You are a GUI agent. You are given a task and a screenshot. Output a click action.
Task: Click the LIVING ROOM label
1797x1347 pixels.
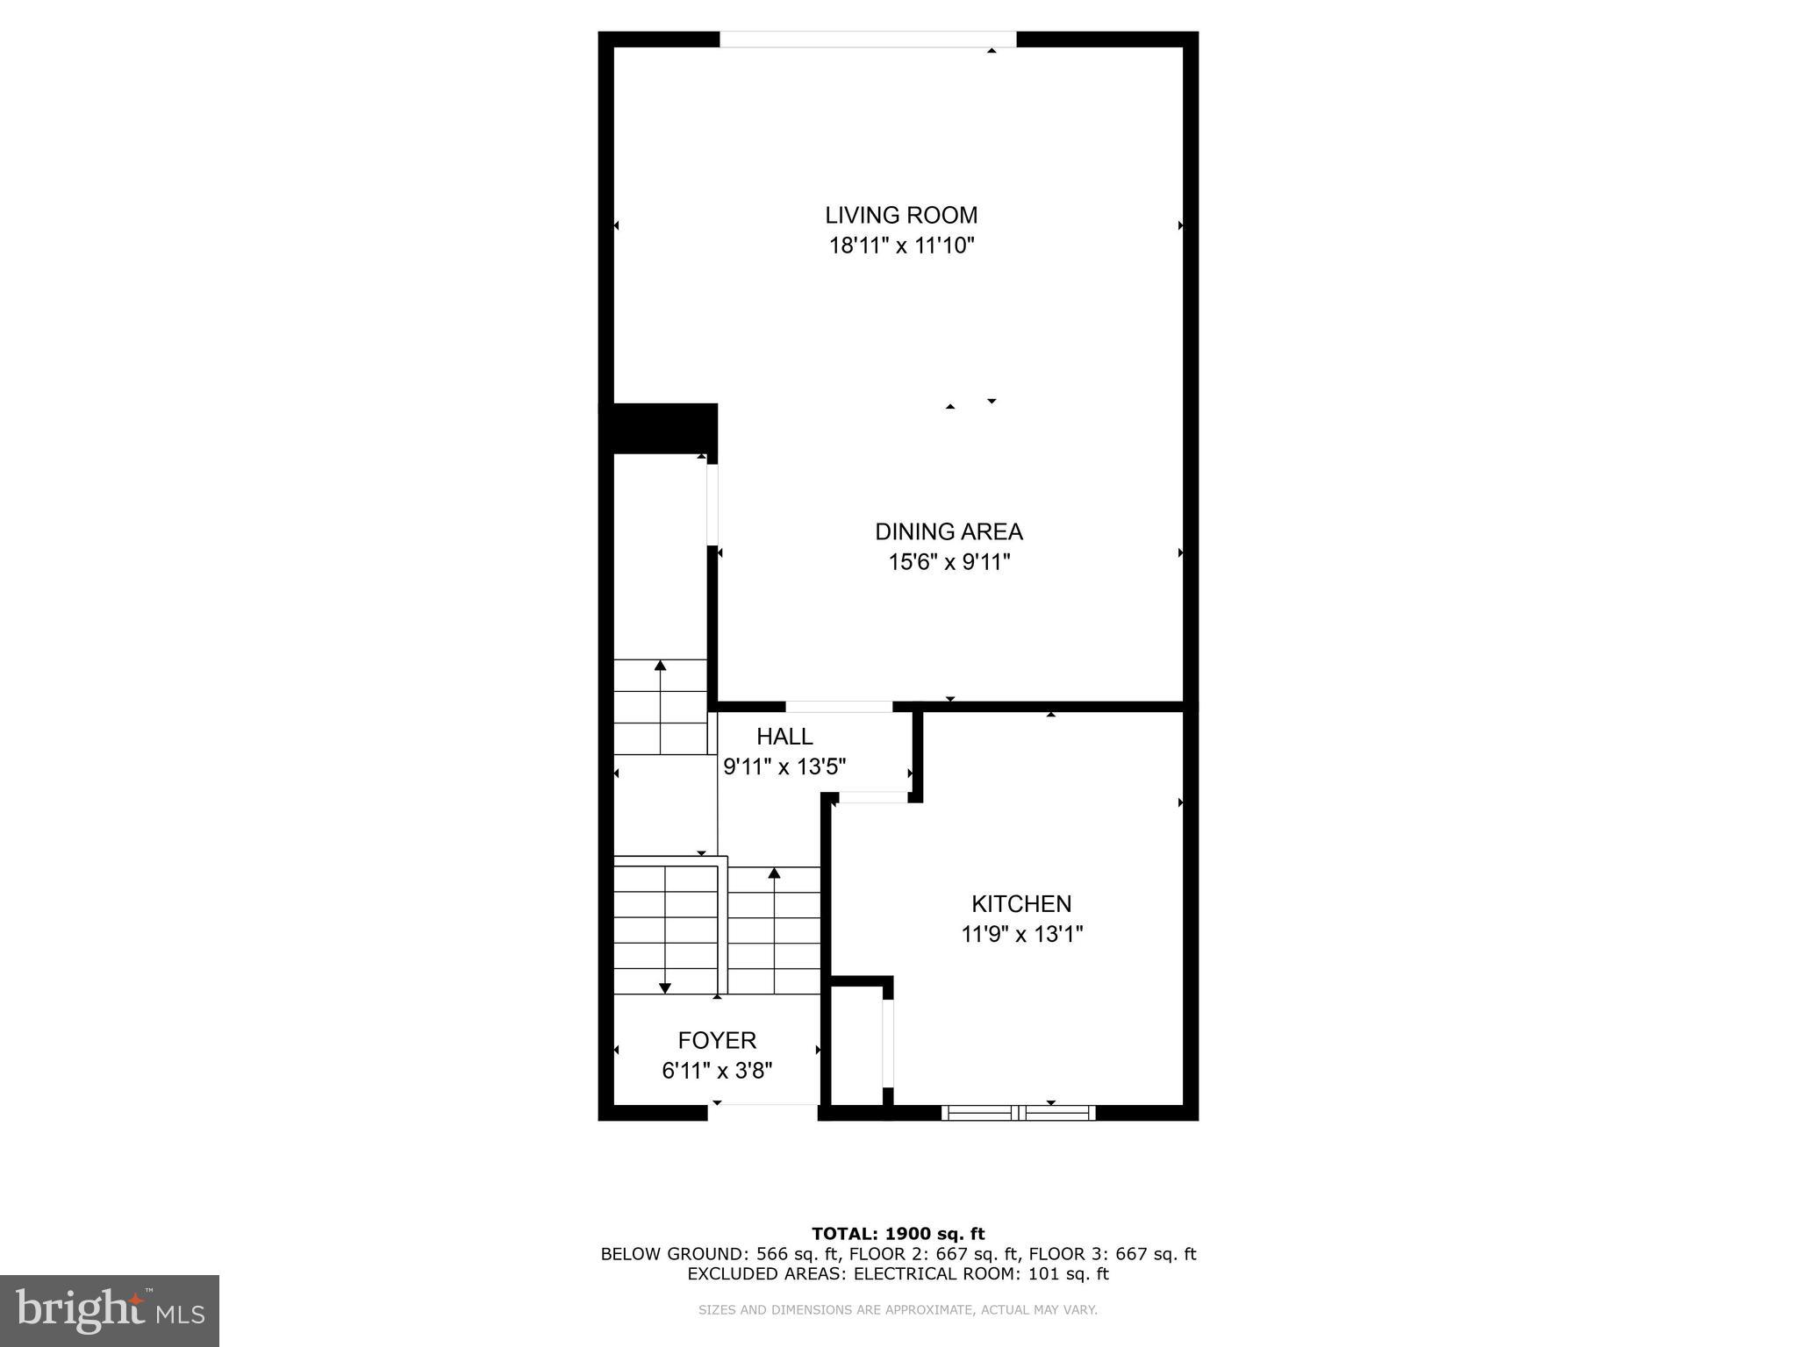pos(900,215)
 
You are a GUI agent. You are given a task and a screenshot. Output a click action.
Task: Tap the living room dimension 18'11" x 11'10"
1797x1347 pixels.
pos(901,246)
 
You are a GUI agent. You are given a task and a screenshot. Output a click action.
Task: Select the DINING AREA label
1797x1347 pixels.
pos(949,531)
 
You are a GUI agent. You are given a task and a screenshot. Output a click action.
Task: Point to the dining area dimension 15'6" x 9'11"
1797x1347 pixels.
pos(949,562)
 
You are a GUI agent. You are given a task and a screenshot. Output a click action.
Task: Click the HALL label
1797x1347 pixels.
pos(784,737)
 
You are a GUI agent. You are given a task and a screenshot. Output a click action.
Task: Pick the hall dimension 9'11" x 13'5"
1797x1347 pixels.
pos(784,767)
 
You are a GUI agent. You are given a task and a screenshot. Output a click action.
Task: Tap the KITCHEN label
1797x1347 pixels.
pos(1021,903)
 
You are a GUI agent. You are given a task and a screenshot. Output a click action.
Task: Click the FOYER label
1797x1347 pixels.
pos(717,1040)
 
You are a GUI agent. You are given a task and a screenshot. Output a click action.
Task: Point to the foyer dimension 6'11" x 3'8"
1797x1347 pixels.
pos(717,1071)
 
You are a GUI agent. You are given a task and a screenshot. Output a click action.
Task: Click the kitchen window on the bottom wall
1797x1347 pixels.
pos(1018,1113)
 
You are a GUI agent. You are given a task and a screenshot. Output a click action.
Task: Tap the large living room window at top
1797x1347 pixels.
pos(867,39)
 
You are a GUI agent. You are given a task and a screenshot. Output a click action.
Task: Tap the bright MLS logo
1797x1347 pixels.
pos(110,1310)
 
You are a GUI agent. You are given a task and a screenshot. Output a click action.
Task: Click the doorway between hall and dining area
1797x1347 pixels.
pos(839,707)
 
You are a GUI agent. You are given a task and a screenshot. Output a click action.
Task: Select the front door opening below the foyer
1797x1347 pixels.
pos(762,1112)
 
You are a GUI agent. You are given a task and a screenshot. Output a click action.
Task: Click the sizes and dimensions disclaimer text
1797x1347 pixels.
pos(898,1310)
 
